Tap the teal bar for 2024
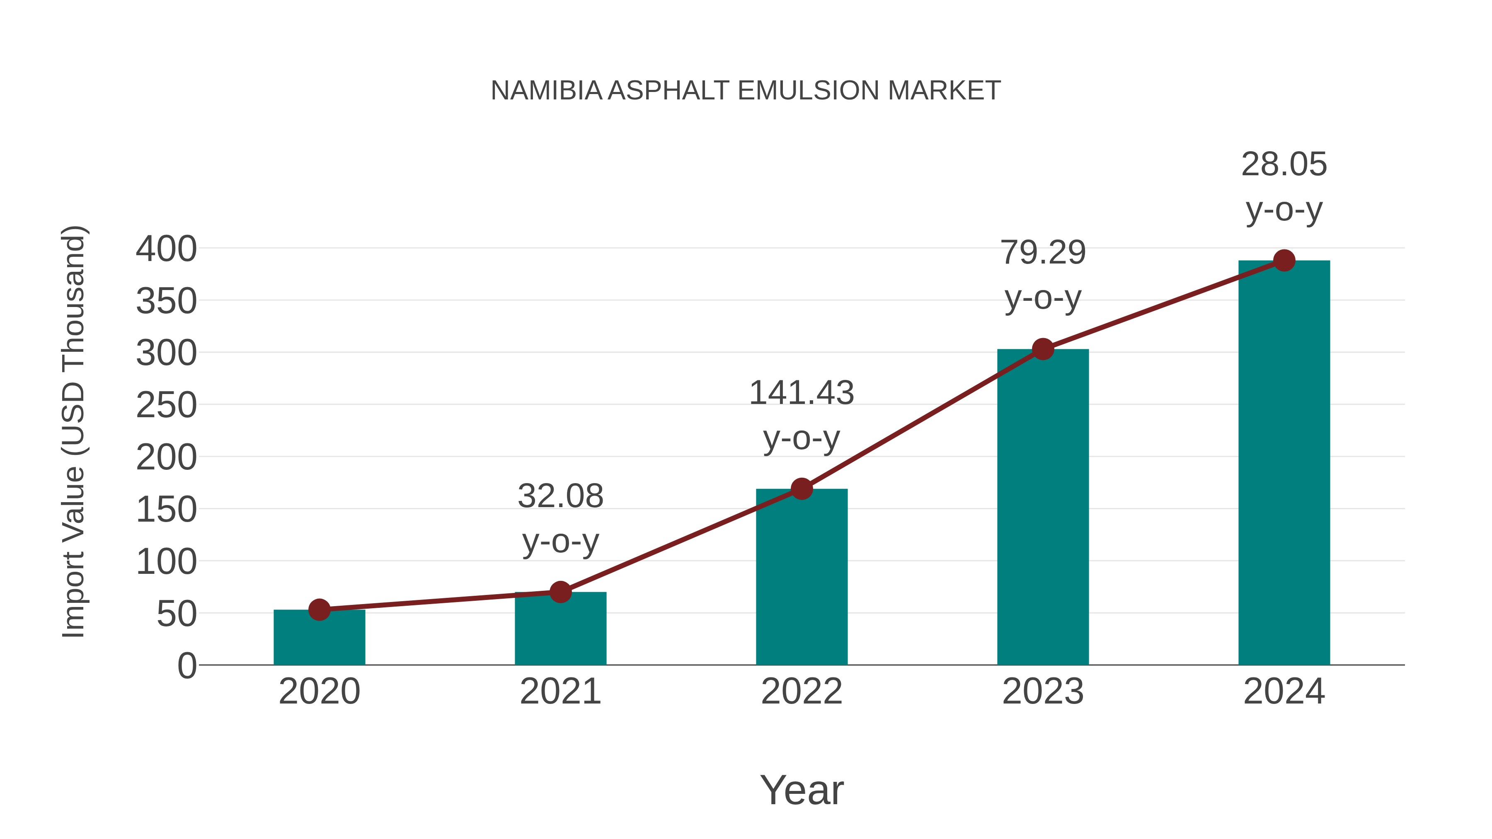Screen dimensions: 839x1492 [x=1284, y=463]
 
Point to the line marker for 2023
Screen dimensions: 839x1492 [x=1043, y=349]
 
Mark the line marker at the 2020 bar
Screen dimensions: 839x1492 [x=319, y=610]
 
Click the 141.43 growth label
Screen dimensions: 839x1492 [x=801, y=393]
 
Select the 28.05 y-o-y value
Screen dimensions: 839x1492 [x=1284, y=164]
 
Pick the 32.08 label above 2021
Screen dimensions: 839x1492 [x=560, y=496]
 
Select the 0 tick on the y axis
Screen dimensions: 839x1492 [x=187, y=665]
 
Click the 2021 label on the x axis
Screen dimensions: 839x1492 [x=560, y=692]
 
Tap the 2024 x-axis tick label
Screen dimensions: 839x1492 [x=1284, y=692]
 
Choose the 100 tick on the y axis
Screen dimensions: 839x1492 [x=166, y=562]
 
